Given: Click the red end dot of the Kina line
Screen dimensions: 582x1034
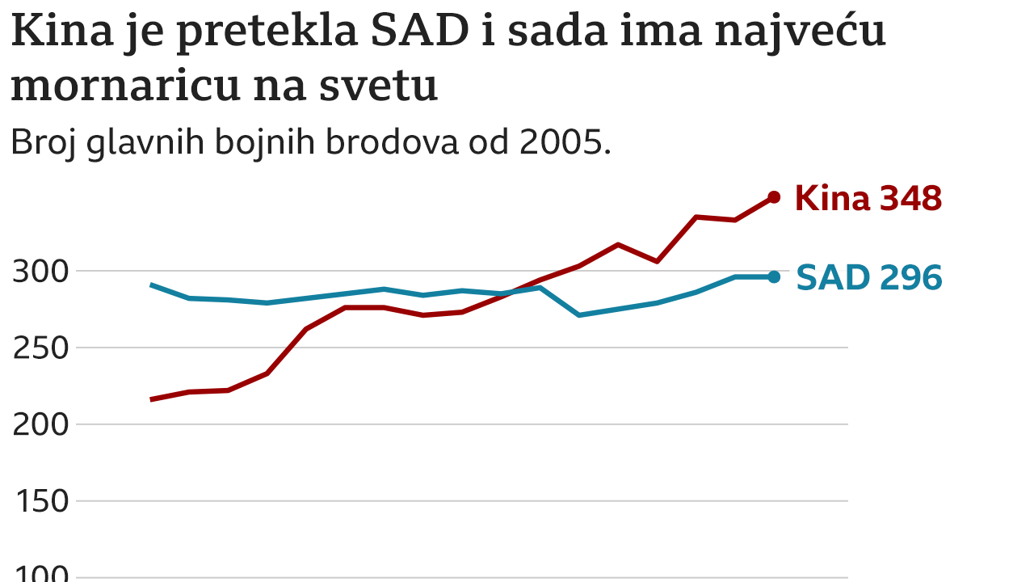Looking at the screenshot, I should coord(773,197).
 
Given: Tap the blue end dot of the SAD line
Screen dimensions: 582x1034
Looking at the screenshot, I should coord(773,276).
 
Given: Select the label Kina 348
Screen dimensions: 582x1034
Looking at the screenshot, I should coord(868,198).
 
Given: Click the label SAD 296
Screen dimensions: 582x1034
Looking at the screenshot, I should coord(868,277).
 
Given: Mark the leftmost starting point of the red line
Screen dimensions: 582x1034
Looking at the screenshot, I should coord(152,399).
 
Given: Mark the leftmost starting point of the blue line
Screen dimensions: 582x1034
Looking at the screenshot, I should coord(152,285).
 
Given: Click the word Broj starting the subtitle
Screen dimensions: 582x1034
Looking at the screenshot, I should coord(42,143).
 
